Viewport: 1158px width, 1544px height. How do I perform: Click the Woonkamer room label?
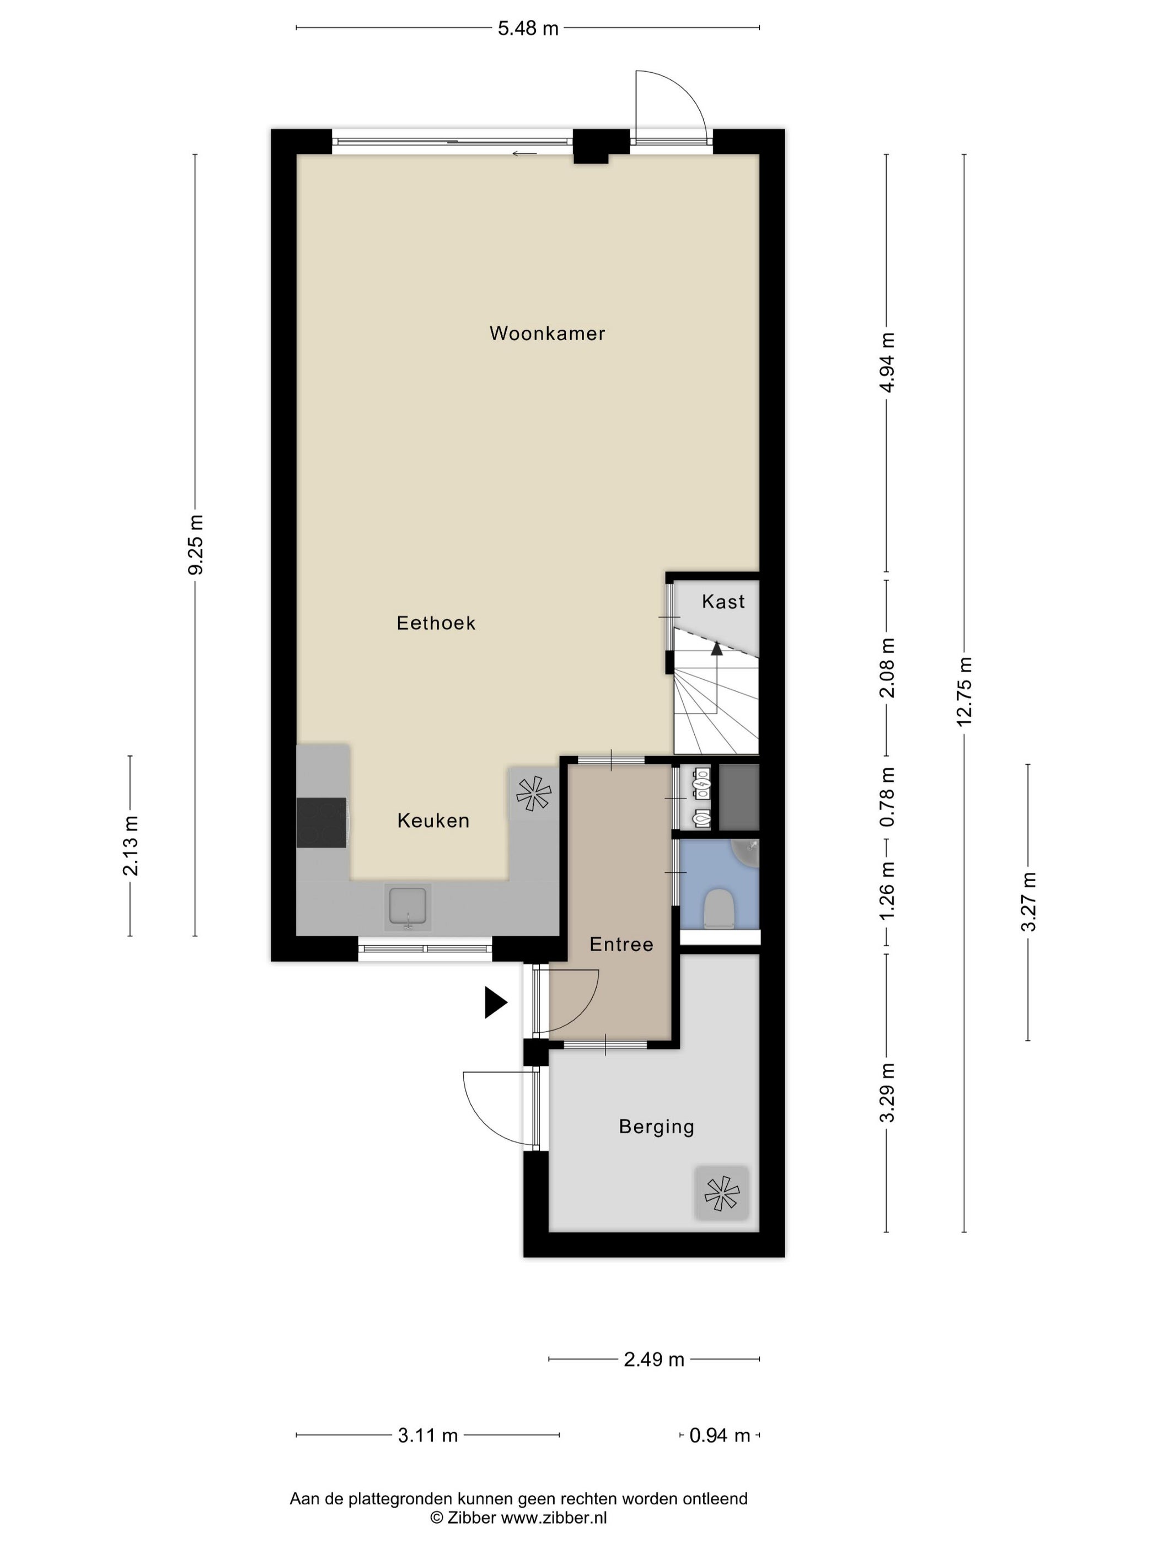point(546,334)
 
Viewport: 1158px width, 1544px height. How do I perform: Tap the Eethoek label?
point(436,623)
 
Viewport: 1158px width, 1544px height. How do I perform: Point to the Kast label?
point(723,601)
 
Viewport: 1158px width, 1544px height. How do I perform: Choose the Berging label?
point(656,1127)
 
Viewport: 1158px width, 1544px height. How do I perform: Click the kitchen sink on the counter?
point(408,908)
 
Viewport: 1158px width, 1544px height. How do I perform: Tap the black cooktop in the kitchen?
point(322,823)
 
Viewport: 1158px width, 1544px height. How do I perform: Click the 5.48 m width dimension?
point(528,29)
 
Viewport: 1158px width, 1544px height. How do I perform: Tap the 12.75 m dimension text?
point(964,691)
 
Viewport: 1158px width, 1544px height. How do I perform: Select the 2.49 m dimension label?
point(654,1360)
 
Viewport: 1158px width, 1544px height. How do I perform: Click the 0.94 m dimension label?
point(720,1435)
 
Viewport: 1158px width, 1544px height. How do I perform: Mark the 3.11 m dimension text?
point(428,1435)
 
